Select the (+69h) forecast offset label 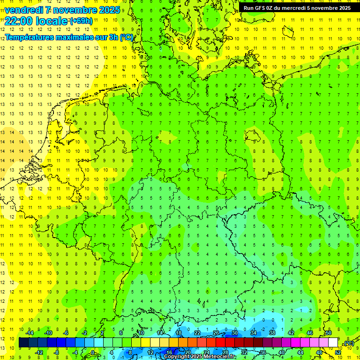81,21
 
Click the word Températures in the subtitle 30,37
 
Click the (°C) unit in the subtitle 126,37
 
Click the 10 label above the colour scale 141,333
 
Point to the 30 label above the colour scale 234,333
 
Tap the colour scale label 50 328,333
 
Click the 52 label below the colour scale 337,352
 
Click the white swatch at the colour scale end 333,343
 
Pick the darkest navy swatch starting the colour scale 23,343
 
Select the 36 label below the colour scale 262,352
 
